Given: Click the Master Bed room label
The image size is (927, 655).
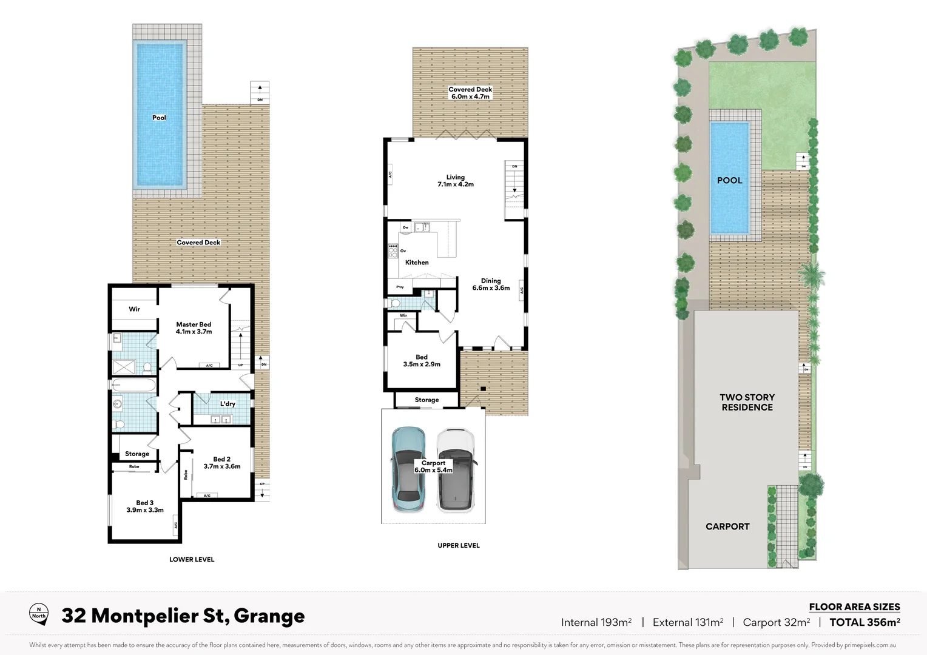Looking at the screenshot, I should pos(194,328).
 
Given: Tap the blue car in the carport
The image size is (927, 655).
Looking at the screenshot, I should pos(408,469).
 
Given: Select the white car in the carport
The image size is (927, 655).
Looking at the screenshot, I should pos(456,469).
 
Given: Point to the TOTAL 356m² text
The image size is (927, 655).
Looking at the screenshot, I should pos(865,622).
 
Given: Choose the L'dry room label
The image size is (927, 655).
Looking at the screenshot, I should pos(228,404).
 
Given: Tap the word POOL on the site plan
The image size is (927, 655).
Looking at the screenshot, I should pos(729,180).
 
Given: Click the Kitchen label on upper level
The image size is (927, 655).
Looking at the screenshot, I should pos(417,263).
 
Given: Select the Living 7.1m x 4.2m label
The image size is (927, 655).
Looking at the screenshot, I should pos(456,181).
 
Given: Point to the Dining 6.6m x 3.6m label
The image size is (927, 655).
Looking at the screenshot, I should pos(491,284).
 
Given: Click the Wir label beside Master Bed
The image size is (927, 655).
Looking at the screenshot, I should pos(134,309).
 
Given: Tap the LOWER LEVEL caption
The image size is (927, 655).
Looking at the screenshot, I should pos(192,559).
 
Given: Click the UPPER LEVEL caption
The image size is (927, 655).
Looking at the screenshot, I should pos(459,545).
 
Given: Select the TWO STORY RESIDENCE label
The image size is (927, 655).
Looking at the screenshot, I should pos(747,402).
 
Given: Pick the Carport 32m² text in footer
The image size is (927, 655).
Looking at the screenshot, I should pos(776,622).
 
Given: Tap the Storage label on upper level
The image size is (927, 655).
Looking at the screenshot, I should pos(426,400).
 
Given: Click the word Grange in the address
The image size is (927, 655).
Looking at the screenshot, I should pos(269,616).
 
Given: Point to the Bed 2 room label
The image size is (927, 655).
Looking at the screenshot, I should pos(221,463).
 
